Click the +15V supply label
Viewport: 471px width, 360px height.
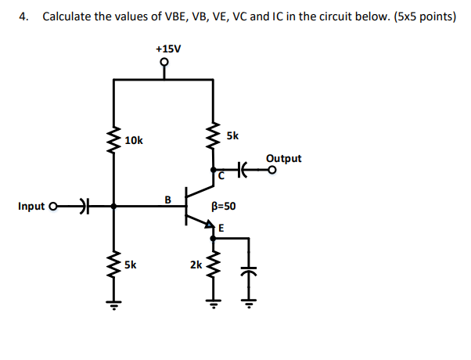pos(168,49)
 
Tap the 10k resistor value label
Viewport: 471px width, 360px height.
pos(134,141)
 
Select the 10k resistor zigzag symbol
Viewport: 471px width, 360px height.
pos(114,140)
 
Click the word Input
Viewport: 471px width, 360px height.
pos(31,207)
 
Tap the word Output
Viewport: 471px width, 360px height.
pos(283,158)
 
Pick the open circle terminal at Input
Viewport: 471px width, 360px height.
pos(53,207)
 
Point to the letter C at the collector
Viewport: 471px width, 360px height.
pos(221,177)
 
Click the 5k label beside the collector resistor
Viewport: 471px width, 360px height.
pos(232,135)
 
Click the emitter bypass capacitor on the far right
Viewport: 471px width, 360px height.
pos(250,270)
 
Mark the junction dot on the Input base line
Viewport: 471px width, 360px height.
pos(114,207)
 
